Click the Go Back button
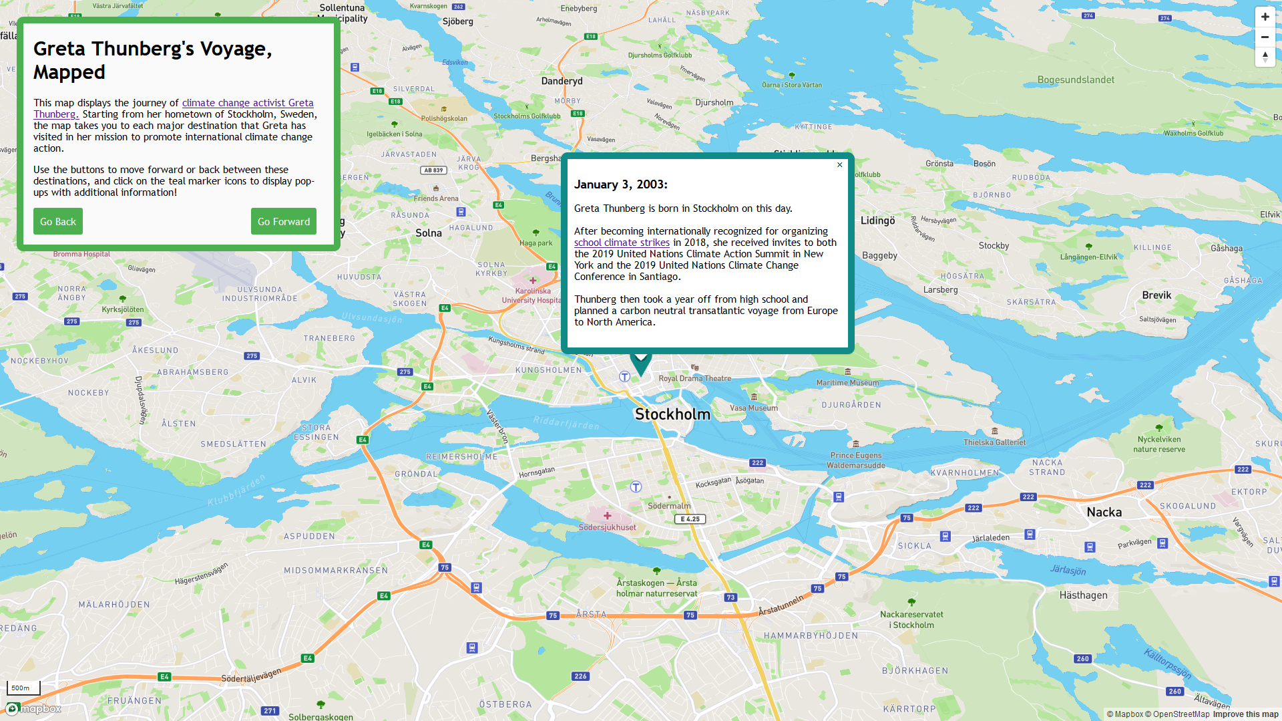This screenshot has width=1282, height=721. point(58,221)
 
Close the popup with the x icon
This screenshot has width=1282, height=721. point(839,165)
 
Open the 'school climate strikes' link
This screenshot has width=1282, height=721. point(622,243)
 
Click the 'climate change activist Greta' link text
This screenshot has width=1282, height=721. point(248,103)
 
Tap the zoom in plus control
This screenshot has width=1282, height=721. point(1265,17)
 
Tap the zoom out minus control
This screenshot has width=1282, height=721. point(1265,37)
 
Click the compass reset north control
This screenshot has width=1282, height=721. point(1265,57)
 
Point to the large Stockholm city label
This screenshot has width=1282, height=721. point(672,414)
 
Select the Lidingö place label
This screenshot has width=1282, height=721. point(877,221)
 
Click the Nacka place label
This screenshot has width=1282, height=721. point(1104,513)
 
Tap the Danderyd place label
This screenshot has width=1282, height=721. point(562,82)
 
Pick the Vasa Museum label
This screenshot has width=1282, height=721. point(754,408)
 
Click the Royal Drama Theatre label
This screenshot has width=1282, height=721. point(694,378)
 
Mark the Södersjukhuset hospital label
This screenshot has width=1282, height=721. point(607,527)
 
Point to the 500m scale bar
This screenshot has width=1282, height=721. point(23,688)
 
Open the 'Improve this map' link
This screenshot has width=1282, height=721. point(1245,714)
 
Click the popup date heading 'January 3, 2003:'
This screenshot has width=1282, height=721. point(620,185)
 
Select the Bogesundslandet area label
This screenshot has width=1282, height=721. point(1075,80)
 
